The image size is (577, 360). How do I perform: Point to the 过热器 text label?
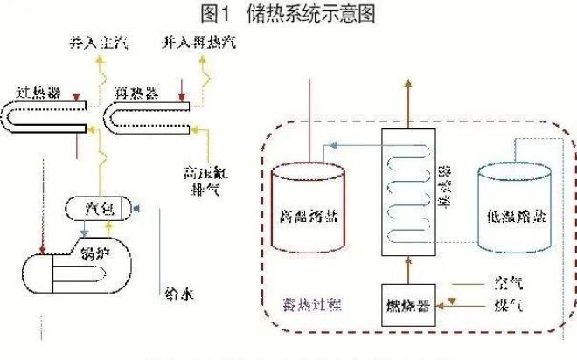click(38, 91)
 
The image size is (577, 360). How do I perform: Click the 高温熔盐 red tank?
click(305, 210)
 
